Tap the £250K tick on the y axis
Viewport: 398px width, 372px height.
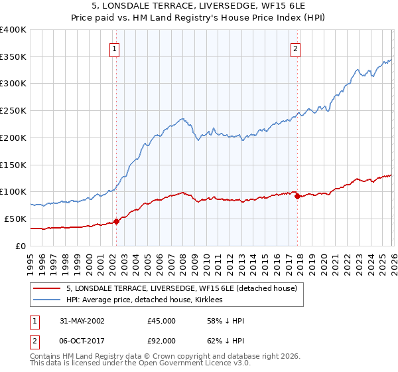[13, 111]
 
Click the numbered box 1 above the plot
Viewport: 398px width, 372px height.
[115, 48]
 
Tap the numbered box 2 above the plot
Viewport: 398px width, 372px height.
[295, 48]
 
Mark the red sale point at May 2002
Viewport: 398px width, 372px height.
[116, 221]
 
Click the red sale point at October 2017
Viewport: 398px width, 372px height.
[297, 196]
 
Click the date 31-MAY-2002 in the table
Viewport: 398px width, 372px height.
[80, 321]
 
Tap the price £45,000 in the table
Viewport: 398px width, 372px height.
[162, 321]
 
